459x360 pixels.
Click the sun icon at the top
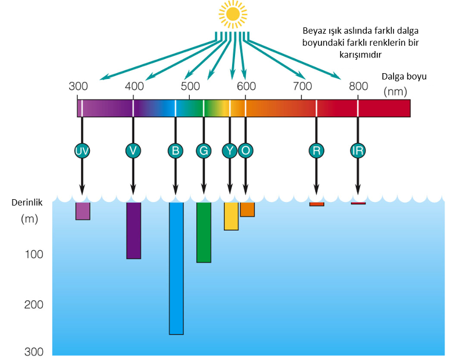(x=233, y=14)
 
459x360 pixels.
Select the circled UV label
(x=82, y=151)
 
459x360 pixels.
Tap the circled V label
(x=133, y=151)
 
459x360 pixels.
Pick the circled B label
(x=175, y=151)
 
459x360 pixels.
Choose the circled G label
(x=204, y=151)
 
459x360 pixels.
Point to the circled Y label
(x=230, y=151)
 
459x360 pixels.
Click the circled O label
(x=245, y=151)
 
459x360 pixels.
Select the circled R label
(x=316, y=151)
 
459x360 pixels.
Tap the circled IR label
(x=357, y=151)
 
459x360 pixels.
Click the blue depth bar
(x=176, y=268)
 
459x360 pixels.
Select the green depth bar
(x=204, y=232)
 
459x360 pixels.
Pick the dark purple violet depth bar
(x=134, y=231)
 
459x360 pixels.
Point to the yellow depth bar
(x=232, y=216)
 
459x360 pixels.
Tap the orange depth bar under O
(x=247, y=210)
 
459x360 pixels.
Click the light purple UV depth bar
(x=83, y=211)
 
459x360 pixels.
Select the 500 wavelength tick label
(x=190, y=87)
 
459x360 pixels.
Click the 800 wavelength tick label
(x=358, y=87)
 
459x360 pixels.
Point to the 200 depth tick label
(x=34, y=305)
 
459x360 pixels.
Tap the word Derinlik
(x=27, y=203)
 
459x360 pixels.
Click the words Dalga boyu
(x=404, y=77)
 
